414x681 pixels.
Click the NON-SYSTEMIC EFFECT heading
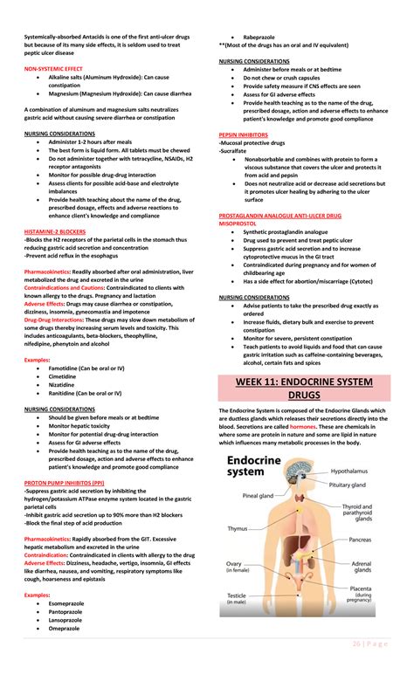pyautogui.click(x=54, y=67)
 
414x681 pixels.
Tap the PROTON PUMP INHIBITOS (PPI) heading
pyautogui.click(x=65, y=481)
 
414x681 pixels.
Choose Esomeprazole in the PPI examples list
pyautogui.click(x=68, y=603)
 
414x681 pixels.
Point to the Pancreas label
pyautogui.click(x=360, y=540)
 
